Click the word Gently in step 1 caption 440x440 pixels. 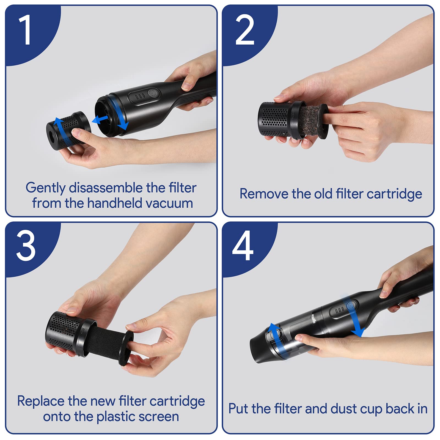(x=45, y=188)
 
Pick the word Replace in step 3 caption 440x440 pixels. (x=41, y=401)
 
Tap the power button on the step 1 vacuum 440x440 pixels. (x=152, y=93)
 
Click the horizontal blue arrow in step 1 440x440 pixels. (x=100, y=119)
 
